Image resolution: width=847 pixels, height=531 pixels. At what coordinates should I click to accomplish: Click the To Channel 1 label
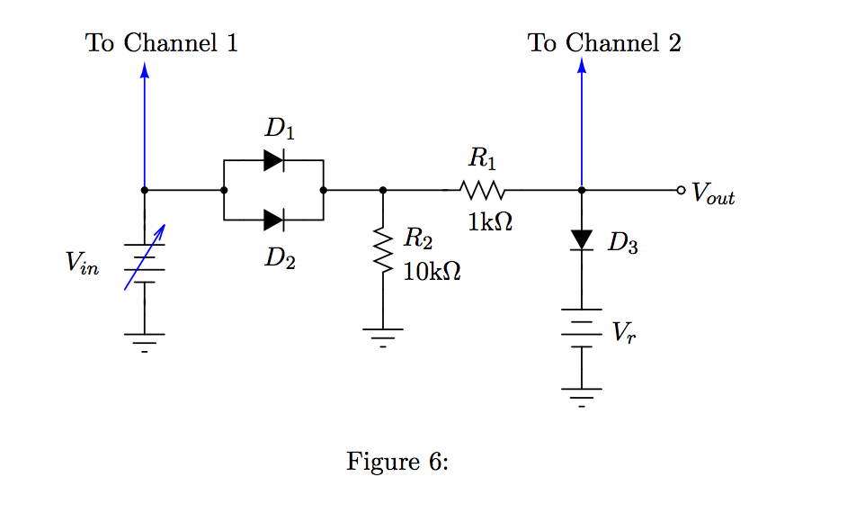[162, 42]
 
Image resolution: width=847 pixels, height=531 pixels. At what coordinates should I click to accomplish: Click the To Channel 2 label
[604, 42]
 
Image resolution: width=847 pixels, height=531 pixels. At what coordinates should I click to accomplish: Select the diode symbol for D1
[274, 161]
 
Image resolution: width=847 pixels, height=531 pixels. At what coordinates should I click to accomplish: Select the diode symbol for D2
[274, 219]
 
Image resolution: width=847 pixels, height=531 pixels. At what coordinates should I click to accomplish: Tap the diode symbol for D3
[582, 239]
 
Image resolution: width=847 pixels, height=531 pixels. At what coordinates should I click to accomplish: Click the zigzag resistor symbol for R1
[483, 191]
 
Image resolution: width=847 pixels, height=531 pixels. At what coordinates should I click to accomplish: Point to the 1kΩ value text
[490, 222]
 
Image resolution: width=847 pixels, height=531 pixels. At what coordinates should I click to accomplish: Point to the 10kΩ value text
[432, 271]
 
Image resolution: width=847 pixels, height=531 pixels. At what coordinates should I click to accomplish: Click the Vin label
[82, 263]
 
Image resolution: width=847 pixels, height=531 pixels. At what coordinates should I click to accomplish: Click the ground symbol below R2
[383, 337]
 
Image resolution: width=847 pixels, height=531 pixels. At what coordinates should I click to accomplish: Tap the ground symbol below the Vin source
[144, 341]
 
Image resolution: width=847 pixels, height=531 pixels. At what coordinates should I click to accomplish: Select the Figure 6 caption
[397, 462]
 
